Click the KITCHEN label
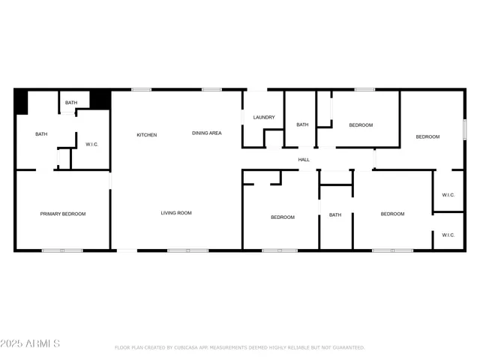click(x=146, y=135)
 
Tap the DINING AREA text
click(x=206, y=133)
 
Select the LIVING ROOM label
click(x=176, y=213)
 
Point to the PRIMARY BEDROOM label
click(x=63, y=214)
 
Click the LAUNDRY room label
click(x=263, y=117)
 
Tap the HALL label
click(x=304, y=159)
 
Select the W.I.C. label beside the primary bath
click(x=91, y=144)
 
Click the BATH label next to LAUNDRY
click(x=302, y=124)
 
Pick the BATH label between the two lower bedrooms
click(x=335, y=215)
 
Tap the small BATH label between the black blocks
click(x=70, y=103)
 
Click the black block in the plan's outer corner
click(x=21, y=102)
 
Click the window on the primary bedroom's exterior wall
click(x=62, y=250)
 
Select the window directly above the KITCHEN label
click(x=141, y=90)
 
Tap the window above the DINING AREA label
click(x=211, y=90)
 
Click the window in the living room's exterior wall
click(x=187, y=250)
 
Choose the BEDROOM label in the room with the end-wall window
click(x=427, y=136)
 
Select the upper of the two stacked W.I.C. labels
click(x=448, y=195)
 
